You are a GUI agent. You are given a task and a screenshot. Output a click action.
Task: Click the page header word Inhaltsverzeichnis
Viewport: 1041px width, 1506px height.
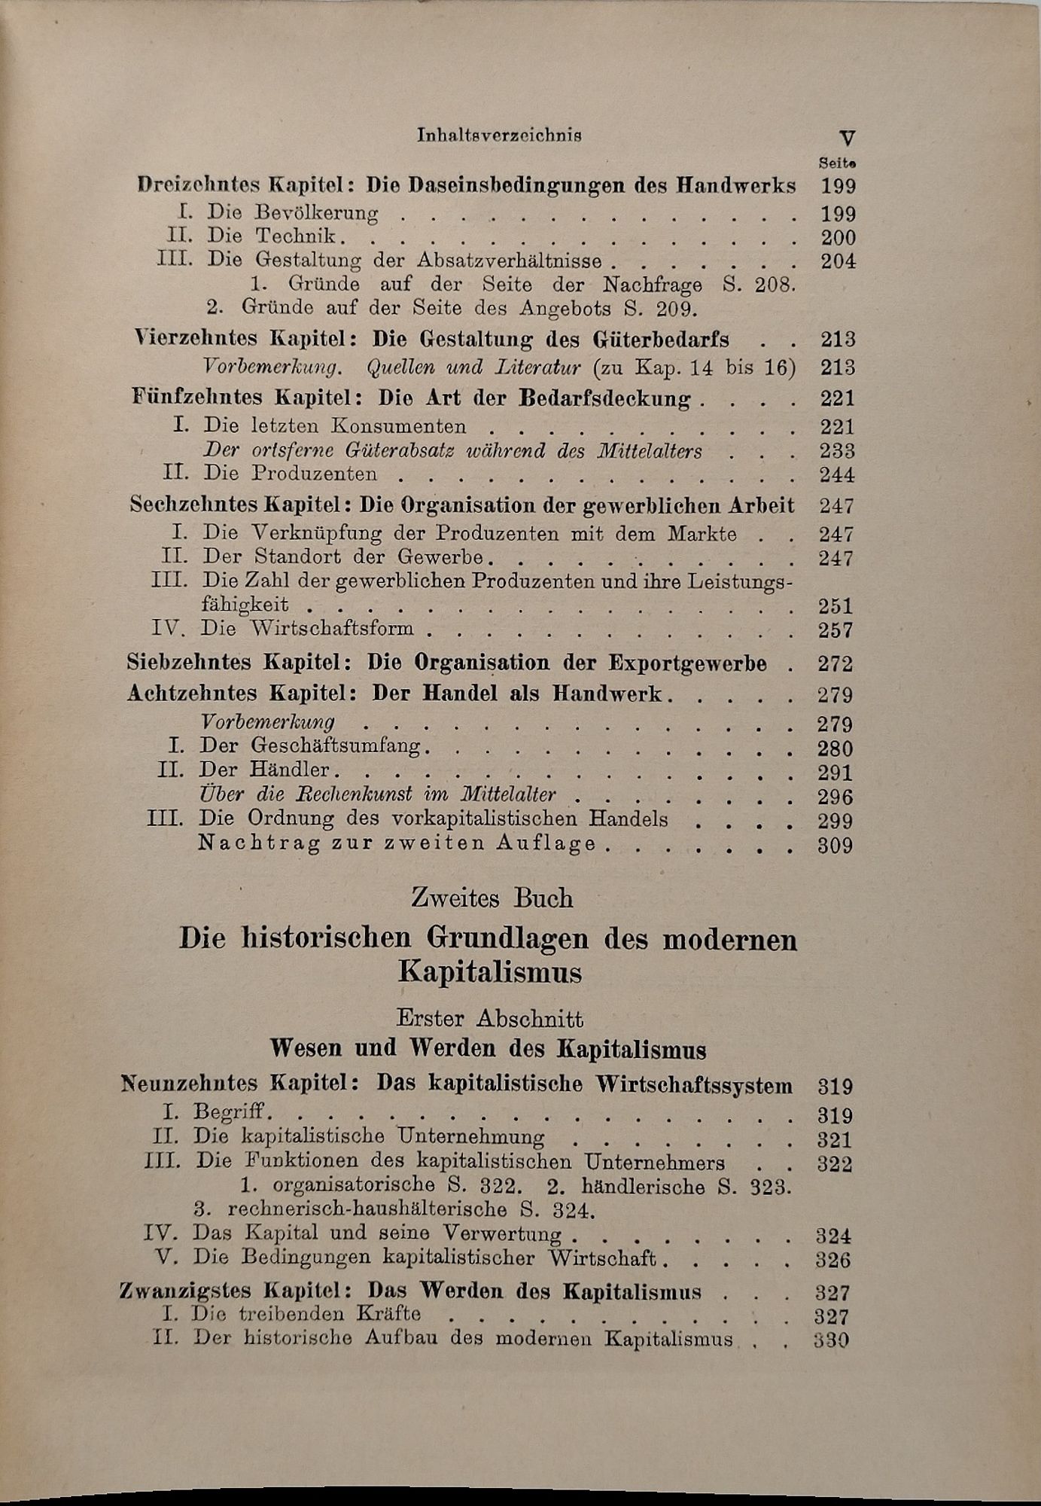point(499,135)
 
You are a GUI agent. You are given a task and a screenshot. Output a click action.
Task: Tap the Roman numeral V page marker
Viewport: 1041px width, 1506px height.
point(847,138)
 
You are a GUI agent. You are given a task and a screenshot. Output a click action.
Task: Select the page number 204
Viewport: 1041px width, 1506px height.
point(838,261)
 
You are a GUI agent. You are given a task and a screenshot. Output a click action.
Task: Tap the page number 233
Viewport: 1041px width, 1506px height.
point(837,451)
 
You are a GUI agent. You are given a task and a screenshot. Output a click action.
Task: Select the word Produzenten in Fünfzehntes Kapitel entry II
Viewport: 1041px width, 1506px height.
point(315,474)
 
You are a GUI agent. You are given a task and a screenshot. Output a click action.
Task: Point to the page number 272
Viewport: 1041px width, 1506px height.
point(835,663)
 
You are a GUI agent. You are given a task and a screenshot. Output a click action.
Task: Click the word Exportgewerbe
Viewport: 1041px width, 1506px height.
point(687,663)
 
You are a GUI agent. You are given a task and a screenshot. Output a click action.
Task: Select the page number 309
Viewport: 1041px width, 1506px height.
point(835,845)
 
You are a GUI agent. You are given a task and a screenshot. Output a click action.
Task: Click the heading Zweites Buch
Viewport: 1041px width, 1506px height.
point(492,898)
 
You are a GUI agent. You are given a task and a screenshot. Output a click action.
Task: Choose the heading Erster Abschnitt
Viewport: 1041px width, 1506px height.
point(490,1019)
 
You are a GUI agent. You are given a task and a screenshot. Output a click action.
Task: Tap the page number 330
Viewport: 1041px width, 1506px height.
point(832,1340)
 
